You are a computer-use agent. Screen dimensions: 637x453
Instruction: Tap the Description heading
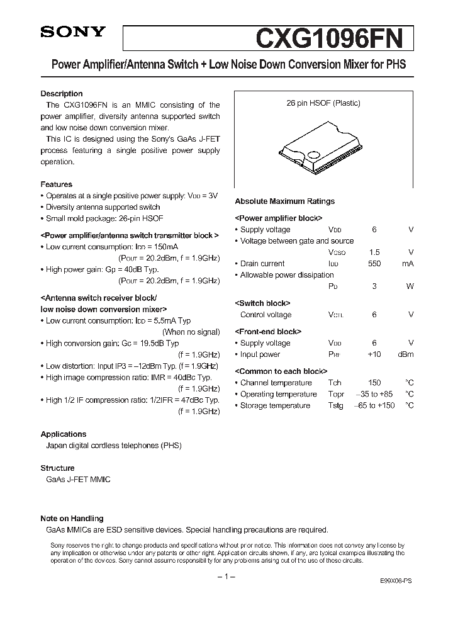62,94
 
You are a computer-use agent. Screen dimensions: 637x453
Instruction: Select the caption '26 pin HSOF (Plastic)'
324,103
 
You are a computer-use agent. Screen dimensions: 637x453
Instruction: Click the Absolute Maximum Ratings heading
284,201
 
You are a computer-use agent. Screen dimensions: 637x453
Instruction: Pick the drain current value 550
374,264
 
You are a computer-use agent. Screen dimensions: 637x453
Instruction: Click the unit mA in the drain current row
408,264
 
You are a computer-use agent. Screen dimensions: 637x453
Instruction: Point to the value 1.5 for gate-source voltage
374,252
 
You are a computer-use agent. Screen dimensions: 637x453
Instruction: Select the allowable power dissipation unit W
410,286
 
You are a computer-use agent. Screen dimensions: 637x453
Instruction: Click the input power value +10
374,354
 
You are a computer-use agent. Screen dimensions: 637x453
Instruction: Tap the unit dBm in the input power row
405,354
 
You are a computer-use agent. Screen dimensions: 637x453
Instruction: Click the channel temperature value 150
374,383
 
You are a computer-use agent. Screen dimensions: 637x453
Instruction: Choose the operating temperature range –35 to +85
374,394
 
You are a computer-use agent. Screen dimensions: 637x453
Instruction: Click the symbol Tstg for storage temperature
336,406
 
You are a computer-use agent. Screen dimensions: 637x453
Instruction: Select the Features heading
57,184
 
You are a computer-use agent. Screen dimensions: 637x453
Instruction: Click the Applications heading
64,434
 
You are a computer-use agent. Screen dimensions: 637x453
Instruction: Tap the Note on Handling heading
72,519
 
